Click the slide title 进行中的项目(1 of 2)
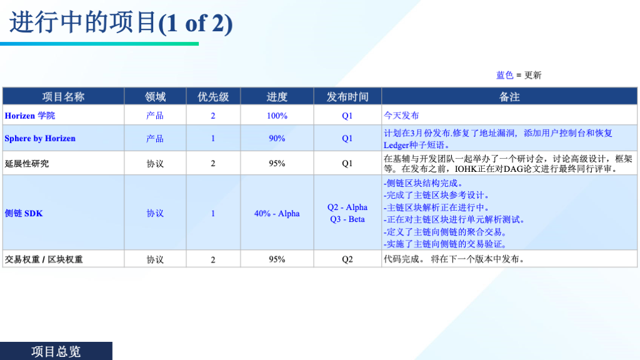click(x=121, y=23)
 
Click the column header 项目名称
click(x=63, y=97)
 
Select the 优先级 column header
click(x=213, y=97)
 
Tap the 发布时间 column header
click(x=347, y=97)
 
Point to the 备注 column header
click(x=509, y=97)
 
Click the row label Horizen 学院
click(x=30, y=116)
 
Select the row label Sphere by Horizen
click(x=40, y=138)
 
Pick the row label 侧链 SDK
click(x=24, y=213)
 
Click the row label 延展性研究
click(x=26, y=163)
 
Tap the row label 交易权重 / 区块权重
click(x=44, y=259)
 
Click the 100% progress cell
click(x=277, y=116)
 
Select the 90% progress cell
click(x=277, y=138)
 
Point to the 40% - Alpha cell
click(x=277, y=213)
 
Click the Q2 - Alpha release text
click(x=347, y=207)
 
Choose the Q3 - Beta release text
click(x=347, y=219)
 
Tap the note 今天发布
click(x=401, y=116)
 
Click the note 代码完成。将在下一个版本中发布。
click(x=454, y=259)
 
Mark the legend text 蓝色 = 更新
click(x=519, y=75)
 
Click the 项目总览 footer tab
click(x=56, y=351)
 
